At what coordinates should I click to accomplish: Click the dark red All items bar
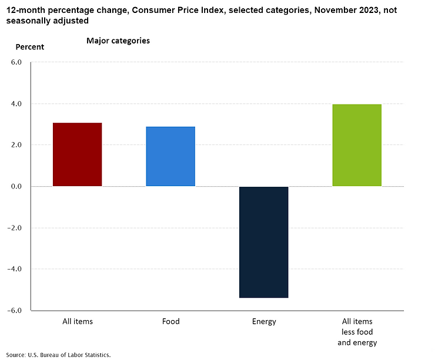pos(77,154)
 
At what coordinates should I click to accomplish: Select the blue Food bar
pos(170,156)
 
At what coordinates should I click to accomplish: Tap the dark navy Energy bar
pos(263,242)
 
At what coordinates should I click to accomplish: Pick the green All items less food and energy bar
pos(357,145)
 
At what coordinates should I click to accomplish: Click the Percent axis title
pos(29,47)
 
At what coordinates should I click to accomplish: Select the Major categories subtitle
pos(118,41)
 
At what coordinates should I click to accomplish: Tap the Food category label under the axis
pos(170,321)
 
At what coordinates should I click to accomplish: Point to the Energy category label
pos(263,321)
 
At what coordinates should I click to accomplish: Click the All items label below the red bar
pos(77,321)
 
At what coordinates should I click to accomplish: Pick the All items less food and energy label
pos(357,332)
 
